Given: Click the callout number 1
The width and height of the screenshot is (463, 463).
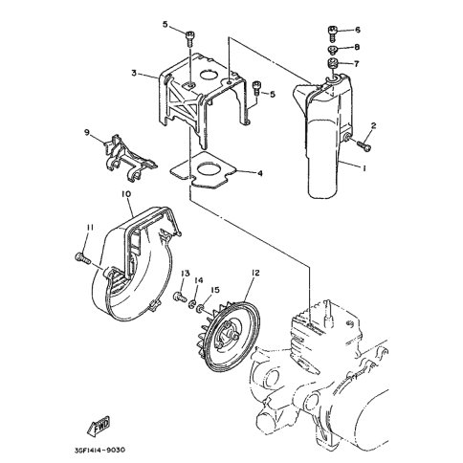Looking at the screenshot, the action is click(x=364, y=168).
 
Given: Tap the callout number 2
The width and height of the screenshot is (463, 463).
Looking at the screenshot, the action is click(x=373, y=125).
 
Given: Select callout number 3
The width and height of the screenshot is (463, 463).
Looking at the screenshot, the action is click(x=134, y=73).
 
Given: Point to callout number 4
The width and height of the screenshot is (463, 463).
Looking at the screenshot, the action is click(x=260, y=173).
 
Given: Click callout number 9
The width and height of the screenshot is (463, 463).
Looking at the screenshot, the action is click(x=87, y=132).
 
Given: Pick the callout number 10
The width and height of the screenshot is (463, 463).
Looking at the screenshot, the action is click(x=126, y=194).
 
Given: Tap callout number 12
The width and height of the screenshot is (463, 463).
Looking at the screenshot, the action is click(x=255, y=273).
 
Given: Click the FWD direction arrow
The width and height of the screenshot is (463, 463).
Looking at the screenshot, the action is click(x=99, y=425).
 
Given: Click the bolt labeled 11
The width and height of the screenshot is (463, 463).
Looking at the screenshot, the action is click(x=83, y=258).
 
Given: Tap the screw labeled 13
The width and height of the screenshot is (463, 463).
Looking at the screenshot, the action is click(x=181, y=298).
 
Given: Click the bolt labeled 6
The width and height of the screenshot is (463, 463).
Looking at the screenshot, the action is click(x=332, y=33).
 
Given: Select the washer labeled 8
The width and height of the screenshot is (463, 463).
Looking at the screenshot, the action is click(x=332, y=50).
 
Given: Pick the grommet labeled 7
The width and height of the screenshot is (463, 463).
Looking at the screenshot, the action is click(x=333, y=62).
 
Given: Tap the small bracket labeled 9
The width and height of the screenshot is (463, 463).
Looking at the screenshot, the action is click(x=130, y=156).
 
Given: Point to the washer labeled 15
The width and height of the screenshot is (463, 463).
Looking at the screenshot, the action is click(x=201, y=308).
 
